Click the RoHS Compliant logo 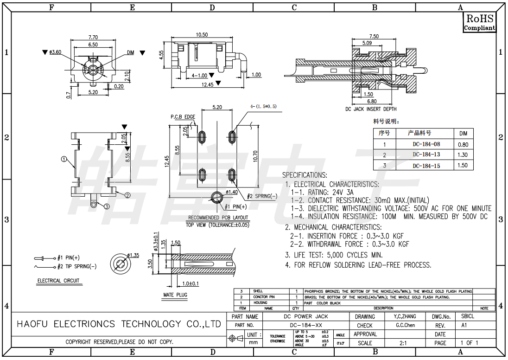(480, 22)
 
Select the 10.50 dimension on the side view (202, 35)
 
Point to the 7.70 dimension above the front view (93, 37)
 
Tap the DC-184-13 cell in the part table (426, 154)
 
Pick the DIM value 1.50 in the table (463, 165)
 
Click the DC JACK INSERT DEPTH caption (371, 109)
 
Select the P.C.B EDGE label (183, 116)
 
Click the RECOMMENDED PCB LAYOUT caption (218, 218)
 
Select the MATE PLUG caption (175, 295)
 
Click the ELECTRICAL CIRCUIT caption (58, 281)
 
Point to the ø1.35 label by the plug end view (133, 255)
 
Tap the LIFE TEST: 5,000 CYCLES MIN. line (334, 255)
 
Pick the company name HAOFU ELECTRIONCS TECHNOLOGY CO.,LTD (119, 324)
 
